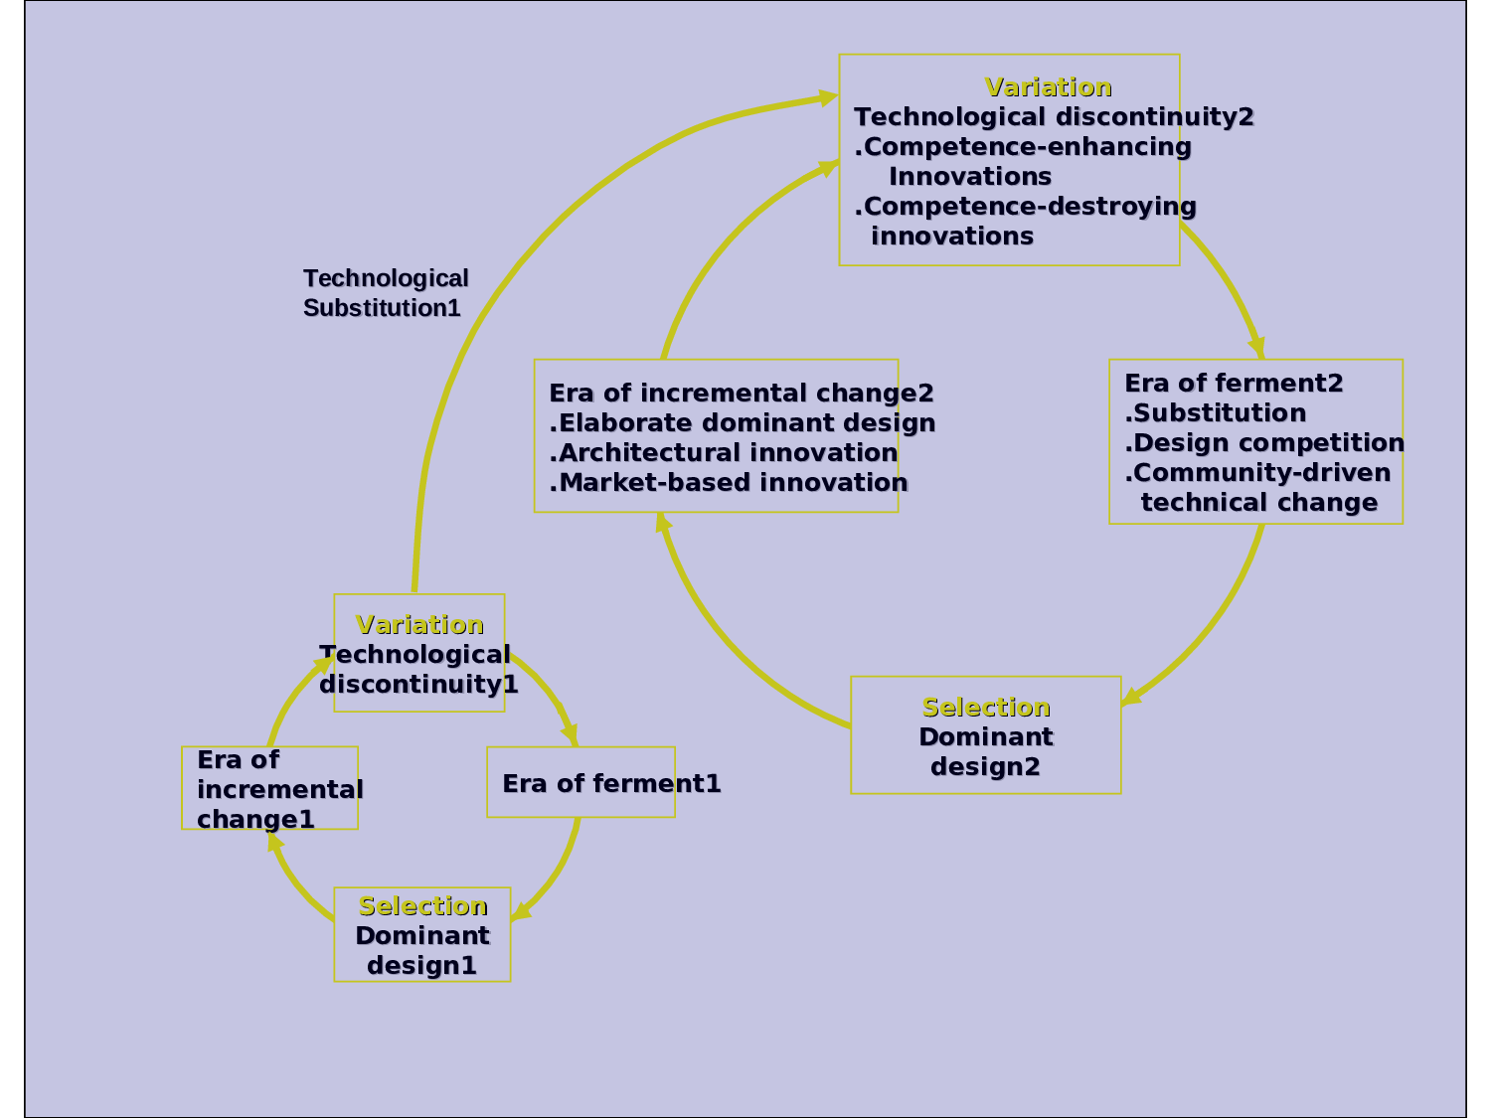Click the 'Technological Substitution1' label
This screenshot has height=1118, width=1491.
tap(385, 293)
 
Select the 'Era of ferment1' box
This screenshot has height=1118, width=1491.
tap(580, 783)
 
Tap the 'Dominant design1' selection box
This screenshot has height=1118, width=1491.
tap(421, 935)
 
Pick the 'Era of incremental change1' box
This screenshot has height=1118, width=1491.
tap(269, 788)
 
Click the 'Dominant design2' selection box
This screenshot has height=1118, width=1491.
tap(985, 736)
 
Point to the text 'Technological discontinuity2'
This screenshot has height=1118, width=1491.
tap(1054, 117)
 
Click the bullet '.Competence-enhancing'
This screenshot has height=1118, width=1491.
tap(1023, 147)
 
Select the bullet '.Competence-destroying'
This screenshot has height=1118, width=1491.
tap(1025, 207)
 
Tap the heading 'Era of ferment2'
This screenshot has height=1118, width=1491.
tap(1234, 384)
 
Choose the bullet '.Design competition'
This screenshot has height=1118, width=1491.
tap(1264, 443)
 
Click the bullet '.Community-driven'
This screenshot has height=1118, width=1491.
tap(1257, 473)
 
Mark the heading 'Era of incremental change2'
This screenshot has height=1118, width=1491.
tap(742, 394)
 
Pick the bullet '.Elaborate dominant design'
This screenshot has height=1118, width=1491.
tap(743, 423)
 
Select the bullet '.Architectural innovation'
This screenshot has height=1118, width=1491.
tap(724, 453)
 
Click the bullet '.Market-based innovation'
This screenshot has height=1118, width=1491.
tap(729, 483)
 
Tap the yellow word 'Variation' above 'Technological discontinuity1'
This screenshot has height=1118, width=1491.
tap(419, 625)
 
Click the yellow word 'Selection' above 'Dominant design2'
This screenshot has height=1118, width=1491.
tap(986, 708)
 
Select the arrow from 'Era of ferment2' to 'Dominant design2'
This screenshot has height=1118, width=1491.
tap(1214, 626)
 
